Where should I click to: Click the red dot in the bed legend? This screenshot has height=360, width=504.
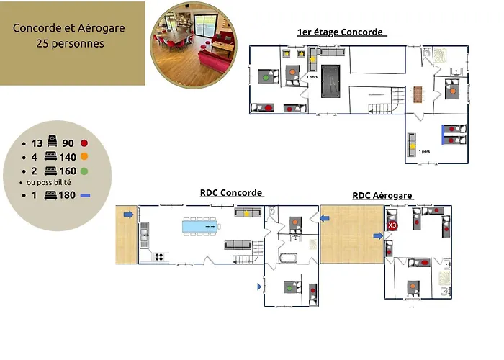point(84,143)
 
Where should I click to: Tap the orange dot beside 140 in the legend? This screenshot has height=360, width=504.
point(84,157)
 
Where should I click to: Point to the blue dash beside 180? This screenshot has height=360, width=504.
point(86,195)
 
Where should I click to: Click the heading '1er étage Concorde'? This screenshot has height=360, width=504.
point(341,32)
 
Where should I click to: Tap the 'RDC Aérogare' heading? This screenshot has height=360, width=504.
point(382,195)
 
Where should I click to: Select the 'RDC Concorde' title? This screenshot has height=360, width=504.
point(230,193)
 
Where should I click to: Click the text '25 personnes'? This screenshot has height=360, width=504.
point(69,43)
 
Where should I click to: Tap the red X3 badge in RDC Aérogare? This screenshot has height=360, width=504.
point(392,225)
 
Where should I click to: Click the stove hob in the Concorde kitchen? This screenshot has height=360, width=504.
point(158,256)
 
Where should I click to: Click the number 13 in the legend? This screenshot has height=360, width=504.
point(37,143)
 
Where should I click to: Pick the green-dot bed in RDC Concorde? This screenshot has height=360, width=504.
point(289,288)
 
